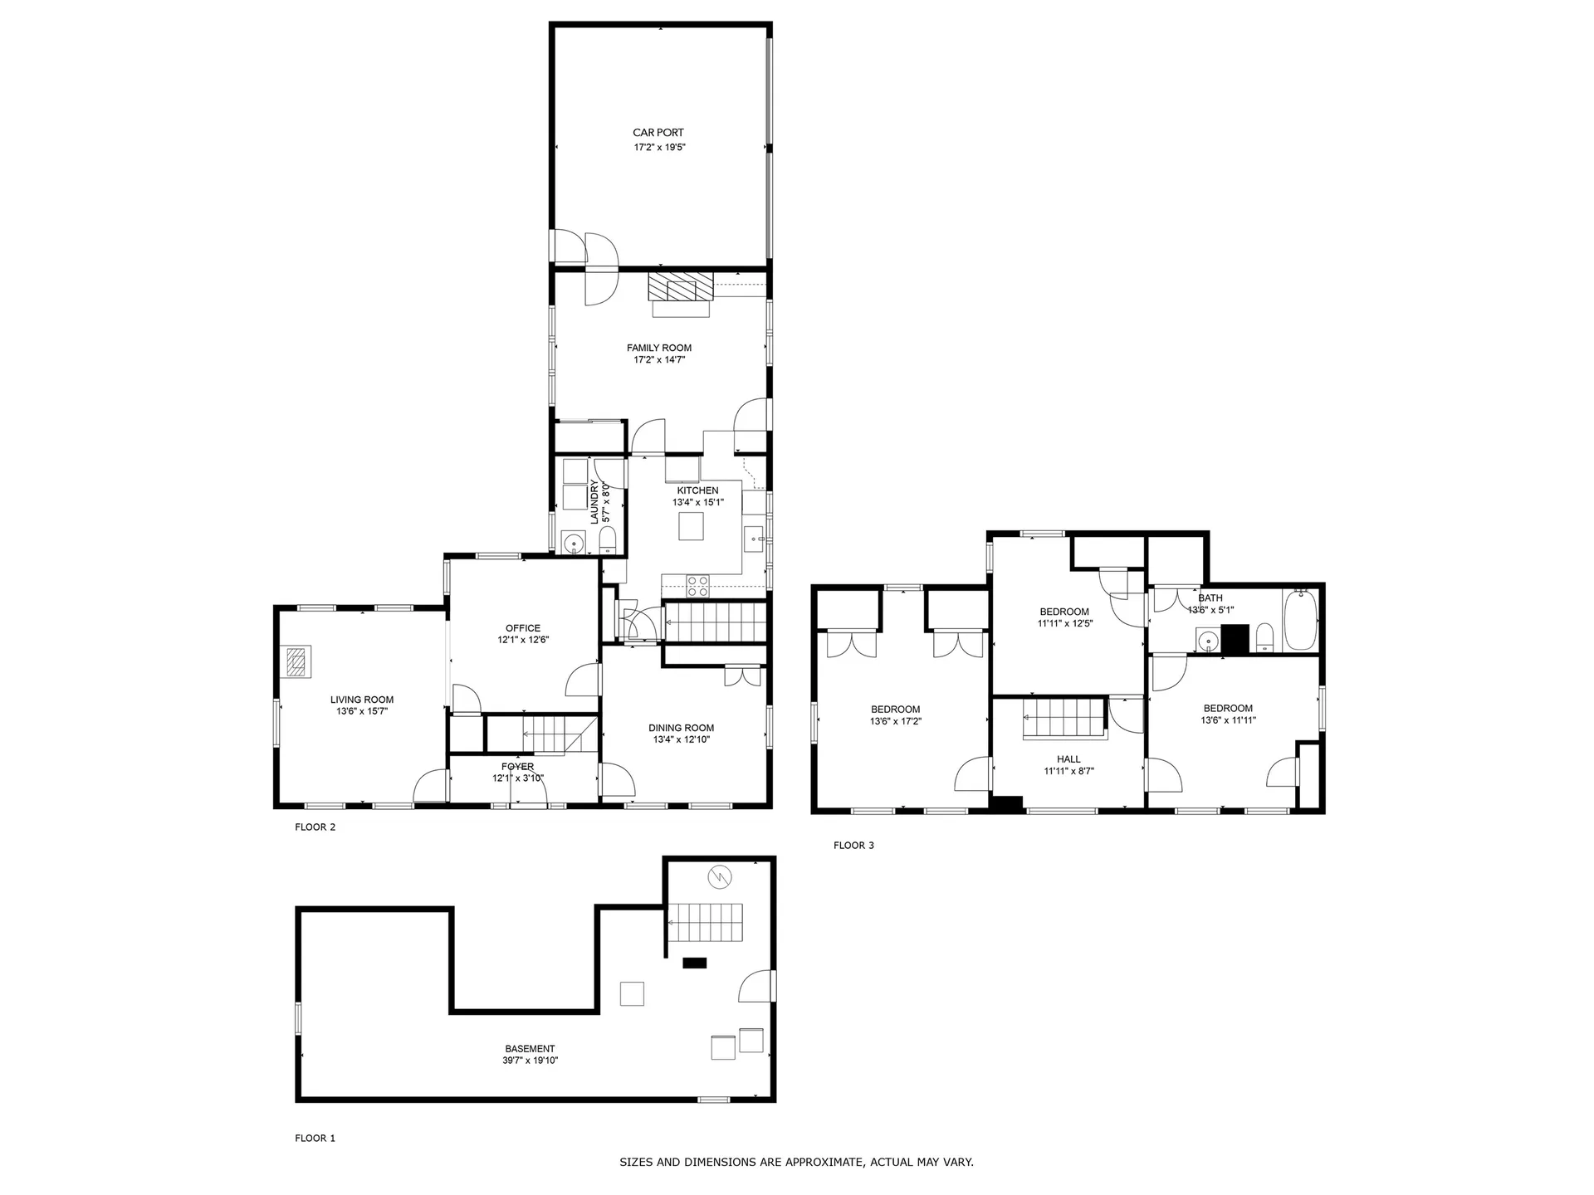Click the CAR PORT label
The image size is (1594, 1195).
point(658,133)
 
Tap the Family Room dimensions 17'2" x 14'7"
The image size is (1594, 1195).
point(659,360)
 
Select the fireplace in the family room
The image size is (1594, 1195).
point(681,288)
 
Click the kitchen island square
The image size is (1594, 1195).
point(691,526)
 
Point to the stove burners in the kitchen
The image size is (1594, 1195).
point(698,586)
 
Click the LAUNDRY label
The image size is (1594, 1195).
point(594,502)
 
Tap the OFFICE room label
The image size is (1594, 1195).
point(523,628)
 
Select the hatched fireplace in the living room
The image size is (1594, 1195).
point(296,661)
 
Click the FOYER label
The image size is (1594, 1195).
point(518,767)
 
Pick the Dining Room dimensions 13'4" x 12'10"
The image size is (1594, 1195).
point(682,739)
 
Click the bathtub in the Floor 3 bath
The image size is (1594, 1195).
point(1300,621)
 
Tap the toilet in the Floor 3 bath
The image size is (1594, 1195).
point(1264,638)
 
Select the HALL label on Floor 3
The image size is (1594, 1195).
point(1068,759)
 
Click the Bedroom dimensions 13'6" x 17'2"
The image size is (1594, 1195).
point(896,721)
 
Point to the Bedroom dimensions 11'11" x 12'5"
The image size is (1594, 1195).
point(1065,623)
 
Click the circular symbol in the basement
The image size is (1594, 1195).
point(719,876)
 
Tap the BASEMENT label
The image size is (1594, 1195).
point(530,1049)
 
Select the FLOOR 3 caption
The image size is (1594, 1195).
point(853,846)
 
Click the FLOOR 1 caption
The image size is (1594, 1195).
point(315,1138)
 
